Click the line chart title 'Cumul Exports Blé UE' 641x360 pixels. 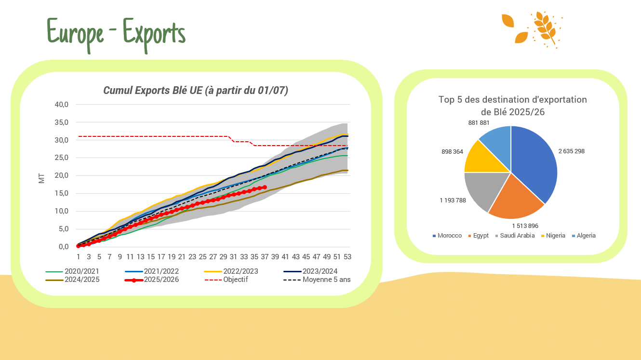click(196, 91)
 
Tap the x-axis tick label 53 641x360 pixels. click(347, 256)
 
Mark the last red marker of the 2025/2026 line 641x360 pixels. click(265, 187)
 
